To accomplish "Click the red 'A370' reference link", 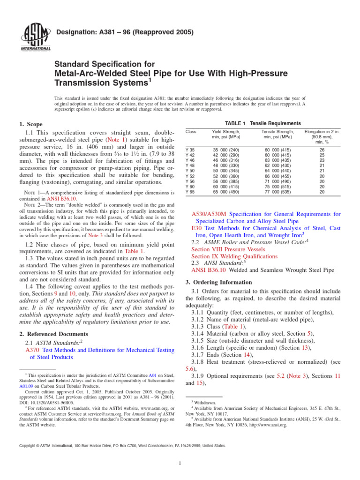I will [31, 350].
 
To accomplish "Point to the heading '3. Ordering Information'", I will [221, 282].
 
